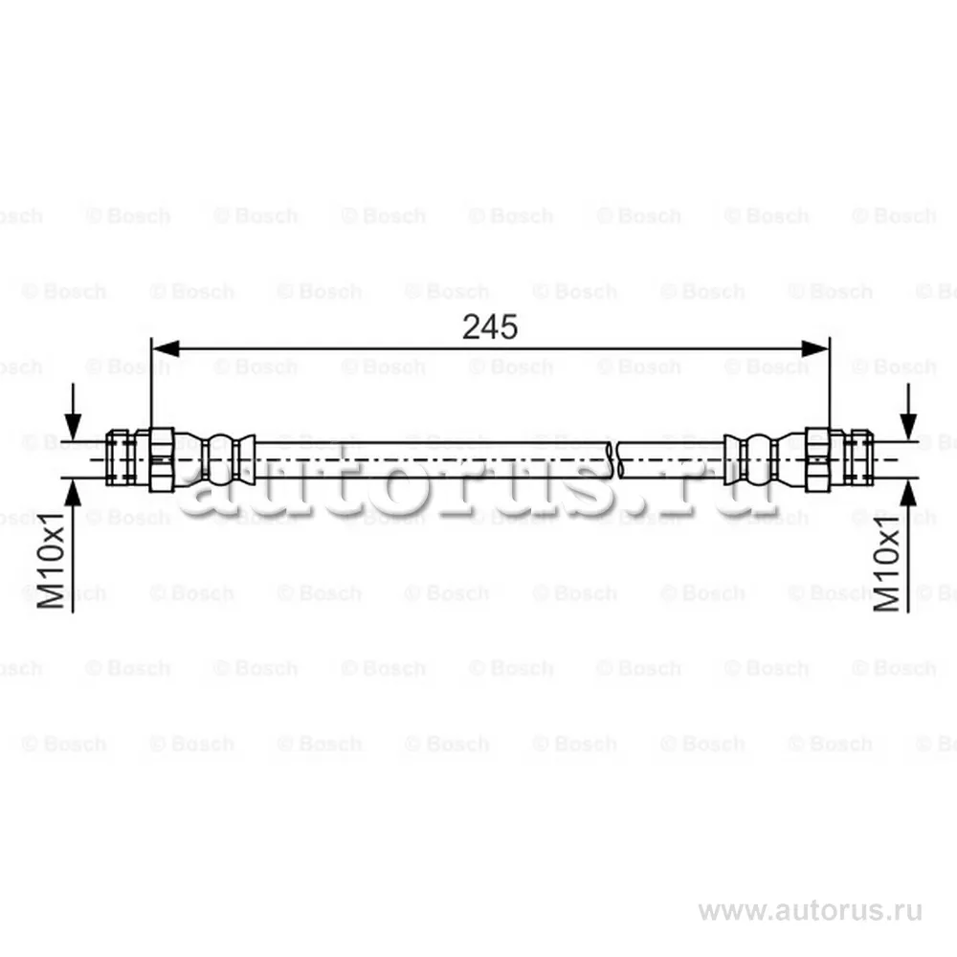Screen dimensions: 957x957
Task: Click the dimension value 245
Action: [489, 326]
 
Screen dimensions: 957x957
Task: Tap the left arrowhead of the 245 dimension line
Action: [165, 349]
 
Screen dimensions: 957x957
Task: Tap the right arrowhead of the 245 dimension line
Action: [815, 349]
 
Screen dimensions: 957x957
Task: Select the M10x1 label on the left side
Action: [51, 561]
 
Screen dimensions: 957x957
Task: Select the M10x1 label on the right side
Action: [886, 563]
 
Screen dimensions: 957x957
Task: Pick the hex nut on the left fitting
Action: [162, 459]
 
